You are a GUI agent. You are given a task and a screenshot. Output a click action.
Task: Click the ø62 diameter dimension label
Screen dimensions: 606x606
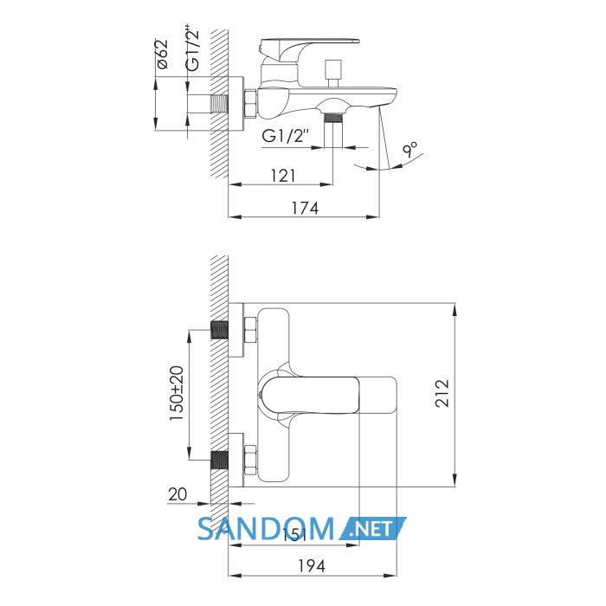[x=163, y=54]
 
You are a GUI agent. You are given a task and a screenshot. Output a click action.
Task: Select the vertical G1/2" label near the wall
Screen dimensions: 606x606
[x=192, y=48]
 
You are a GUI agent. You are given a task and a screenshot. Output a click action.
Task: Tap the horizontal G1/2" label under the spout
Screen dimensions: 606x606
[x=286, y=136]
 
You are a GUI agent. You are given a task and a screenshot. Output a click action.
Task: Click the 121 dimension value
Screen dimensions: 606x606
[x=283, y=176]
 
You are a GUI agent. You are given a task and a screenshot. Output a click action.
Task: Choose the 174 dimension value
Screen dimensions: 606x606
[x=305, y=209]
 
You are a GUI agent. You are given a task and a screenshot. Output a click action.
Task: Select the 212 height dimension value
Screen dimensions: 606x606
[x=442, y=393]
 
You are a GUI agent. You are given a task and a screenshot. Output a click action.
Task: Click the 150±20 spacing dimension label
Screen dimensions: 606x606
[x=177, y=394]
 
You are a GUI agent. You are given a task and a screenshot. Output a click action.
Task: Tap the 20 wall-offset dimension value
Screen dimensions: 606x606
[x=177, y=494]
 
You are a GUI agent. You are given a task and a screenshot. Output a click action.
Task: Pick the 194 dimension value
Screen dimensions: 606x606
[x=312, y=566]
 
